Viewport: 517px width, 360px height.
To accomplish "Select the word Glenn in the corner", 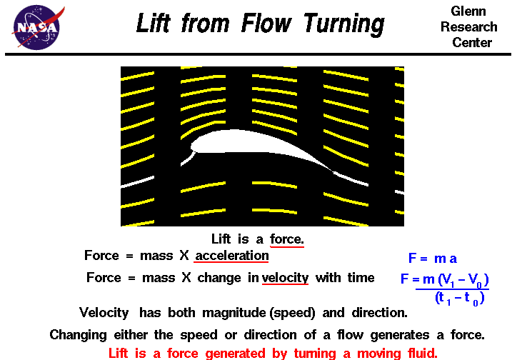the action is [468, 11].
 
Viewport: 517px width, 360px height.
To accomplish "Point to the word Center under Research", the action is [472, 42].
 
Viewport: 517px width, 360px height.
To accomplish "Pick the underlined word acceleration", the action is [232, 256].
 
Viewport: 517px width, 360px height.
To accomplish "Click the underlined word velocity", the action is [285, 278].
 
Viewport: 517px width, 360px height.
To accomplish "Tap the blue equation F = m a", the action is [433, 259].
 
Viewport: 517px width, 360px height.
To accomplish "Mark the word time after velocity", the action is [359, 278].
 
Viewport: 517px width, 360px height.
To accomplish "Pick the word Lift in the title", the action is [155, 24].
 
